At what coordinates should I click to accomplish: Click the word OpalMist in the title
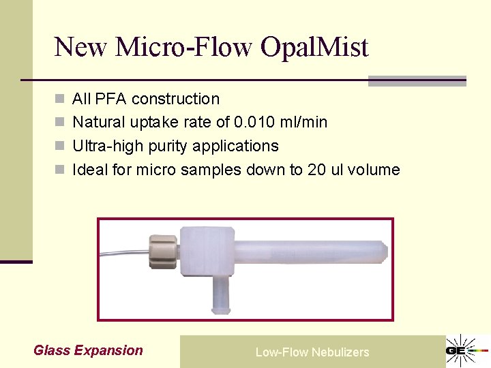[314, 47]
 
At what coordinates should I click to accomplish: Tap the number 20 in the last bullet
[316, 170]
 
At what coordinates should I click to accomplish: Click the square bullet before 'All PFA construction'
[60, 99]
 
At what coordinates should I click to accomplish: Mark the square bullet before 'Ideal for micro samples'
[60, 170]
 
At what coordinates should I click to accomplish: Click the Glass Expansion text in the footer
[88, 350]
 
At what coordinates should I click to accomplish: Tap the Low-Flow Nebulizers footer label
[312, 352]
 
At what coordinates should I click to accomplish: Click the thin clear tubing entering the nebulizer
[123, 254]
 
